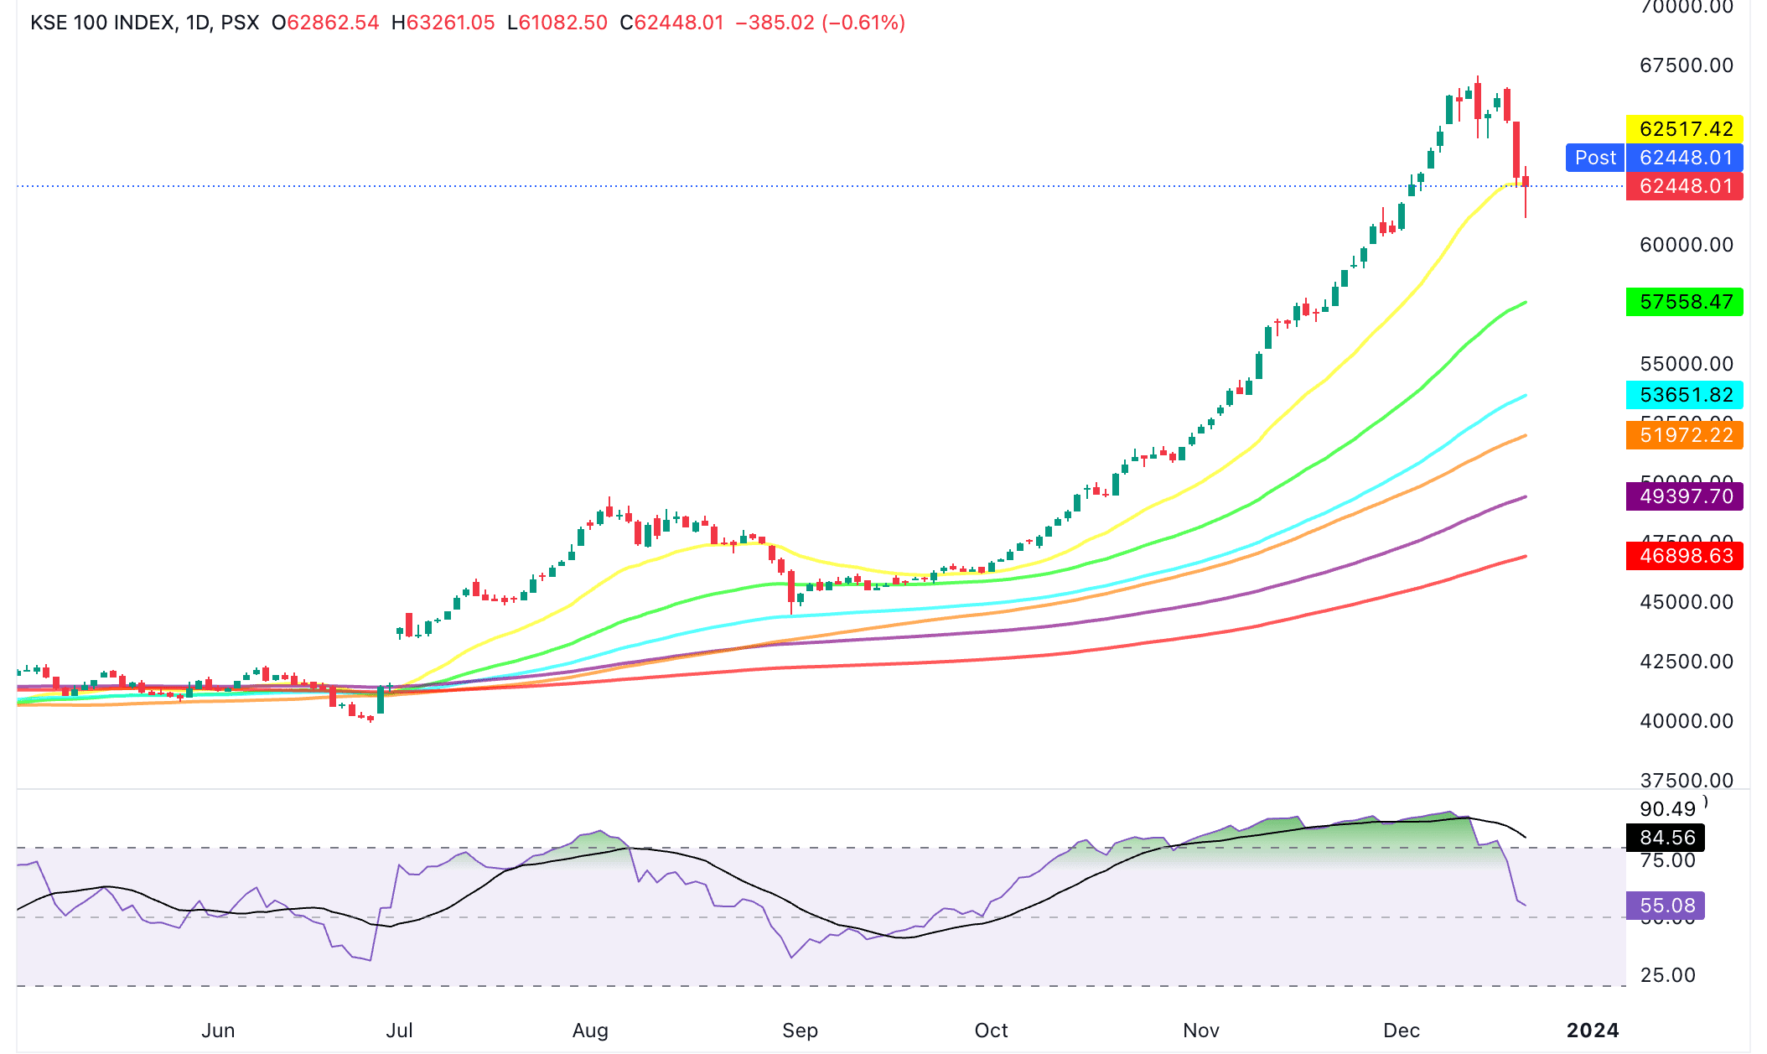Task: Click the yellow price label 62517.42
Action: coord(1684,129)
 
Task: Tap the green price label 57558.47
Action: coord(1684,302)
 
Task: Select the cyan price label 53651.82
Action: coord(1684,395)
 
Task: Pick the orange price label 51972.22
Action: coord(1684,435)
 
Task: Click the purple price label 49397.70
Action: coord(1684,496)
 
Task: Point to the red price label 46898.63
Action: coord(1684,556)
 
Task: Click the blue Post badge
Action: coord(1594,158)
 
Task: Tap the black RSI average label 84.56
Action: coord(1666,838)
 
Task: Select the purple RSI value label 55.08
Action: coord(1666,906)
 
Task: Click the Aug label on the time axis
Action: coord(590,1031)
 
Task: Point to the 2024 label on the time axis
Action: coord(1593,1031)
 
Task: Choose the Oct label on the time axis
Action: coord(991,1031)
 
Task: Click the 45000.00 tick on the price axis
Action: coord(1686,602)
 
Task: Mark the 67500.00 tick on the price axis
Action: coord(1686,65)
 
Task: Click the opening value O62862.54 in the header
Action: coord(325,23)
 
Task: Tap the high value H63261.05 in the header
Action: coord(443,23)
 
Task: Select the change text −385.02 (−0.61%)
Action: coord(820,23)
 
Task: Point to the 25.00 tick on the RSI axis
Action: coord(1667,975)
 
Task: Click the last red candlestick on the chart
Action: coord(1526,182)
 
